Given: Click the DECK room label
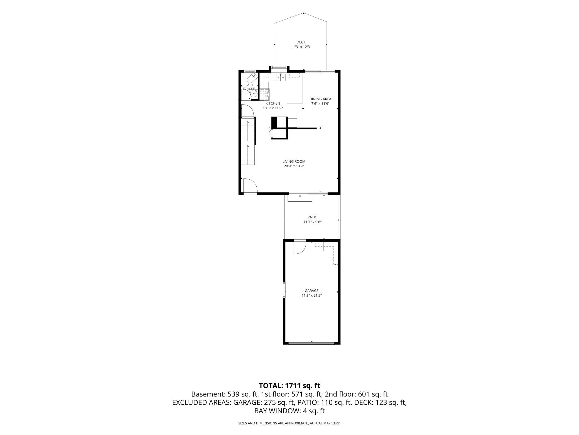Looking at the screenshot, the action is [x=301, y=42].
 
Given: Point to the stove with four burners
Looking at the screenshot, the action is [x=265, y=94].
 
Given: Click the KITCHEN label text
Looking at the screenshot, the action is [x=273, y=103].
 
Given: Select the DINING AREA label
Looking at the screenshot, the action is [x=320, y=99].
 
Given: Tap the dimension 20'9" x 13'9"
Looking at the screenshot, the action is [x=294, y=166].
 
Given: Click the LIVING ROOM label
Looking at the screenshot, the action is [x=294, y=161].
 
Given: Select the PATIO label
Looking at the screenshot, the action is [x=312, y=217].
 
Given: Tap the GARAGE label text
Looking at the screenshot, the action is [x=311, y=291].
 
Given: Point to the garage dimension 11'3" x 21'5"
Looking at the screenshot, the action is [x=311, y=295].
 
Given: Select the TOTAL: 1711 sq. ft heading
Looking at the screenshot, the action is [x=289, y=386].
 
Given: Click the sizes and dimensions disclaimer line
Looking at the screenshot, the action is [x=289, y=423].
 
